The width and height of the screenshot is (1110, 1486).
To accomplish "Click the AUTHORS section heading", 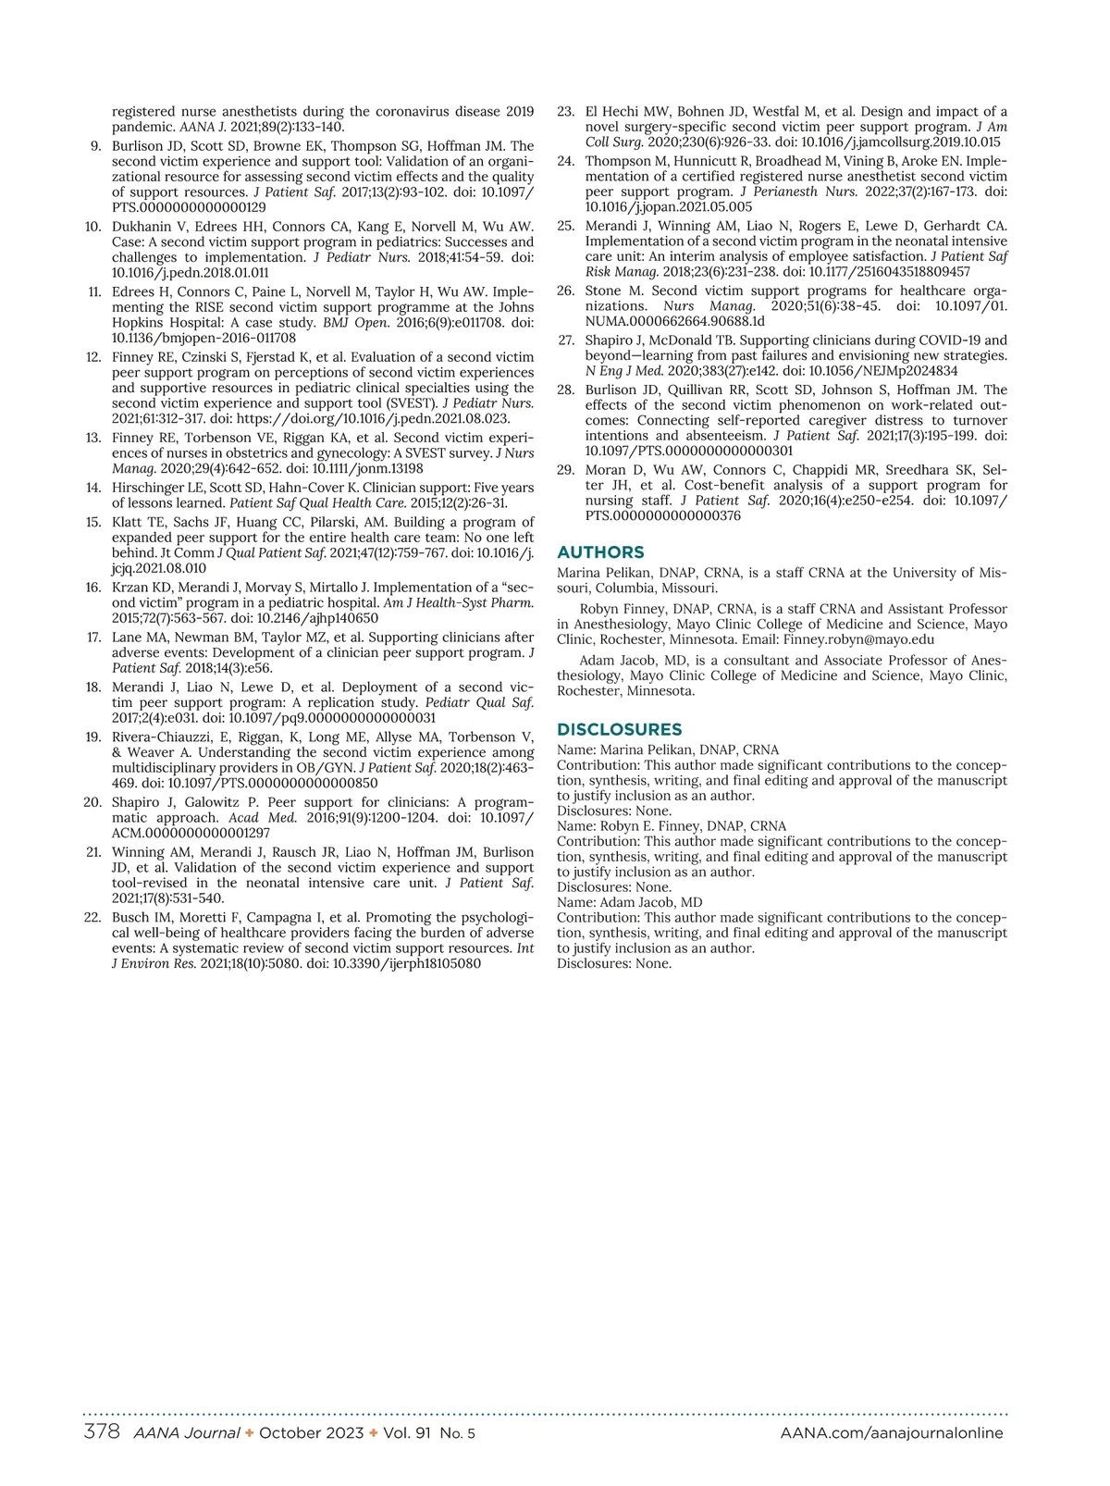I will [600, 552].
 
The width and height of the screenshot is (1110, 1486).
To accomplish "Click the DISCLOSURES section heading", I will [619, 729].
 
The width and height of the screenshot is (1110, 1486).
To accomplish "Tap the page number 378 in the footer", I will [102, 1431].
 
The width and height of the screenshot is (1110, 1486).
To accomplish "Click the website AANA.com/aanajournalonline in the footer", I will [892, 1432].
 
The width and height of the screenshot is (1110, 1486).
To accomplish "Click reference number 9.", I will [95, 146].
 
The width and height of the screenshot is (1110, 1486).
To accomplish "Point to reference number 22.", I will [92, 918].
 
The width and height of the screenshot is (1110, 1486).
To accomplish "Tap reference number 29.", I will [565, 470].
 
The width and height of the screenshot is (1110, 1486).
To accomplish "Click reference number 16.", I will [92, 588].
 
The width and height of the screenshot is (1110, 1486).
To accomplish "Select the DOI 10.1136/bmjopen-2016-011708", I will [203, 339].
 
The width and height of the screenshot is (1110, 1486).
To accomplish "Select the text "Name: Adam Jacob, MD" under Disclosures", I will [629, 902].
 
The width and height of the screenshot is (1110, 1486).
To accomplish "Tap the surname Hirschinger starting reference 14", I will [152, 488].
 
